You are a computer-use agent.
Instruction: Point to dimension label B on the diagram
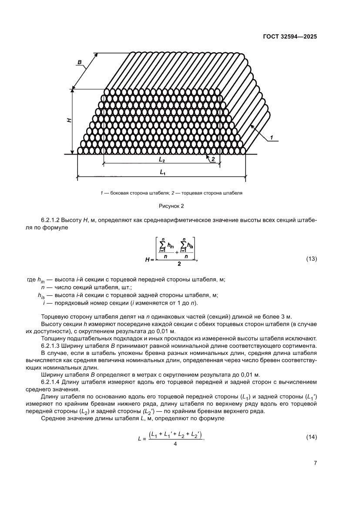(80, 63)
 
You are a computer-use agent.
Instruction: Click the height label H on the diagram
(69, 120)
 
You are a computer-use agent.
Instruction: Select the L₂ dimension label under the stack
(162, 160)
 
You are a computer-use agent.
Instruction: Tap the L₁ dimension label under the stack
(162, 173)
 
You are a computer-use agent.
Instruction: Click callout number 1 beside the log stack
(271, 138)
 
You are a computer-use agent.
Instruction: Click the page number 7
(315, 463)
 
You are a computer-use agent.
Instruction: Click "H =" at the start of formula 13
(149, 260)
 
